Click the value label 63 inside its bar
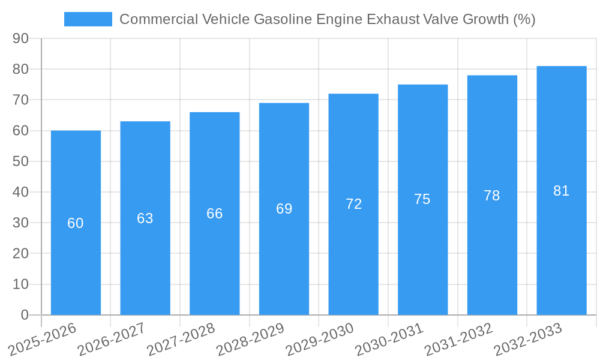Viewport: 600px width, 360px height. (x=145, y=218)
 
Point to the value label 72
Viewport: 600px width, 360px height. (x=353, y=204)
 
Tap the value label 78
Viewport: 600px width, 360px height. (x=492, y=196)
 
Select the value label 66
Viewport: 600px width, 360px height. (x=215, y=214)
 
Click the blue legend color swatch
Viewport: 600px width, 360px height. (x=88, y=19)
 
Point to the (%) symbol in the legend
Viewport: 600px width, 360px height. (x=524, y=19)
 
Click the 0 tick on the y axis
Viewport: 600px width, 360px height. (x=25, y=315)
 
